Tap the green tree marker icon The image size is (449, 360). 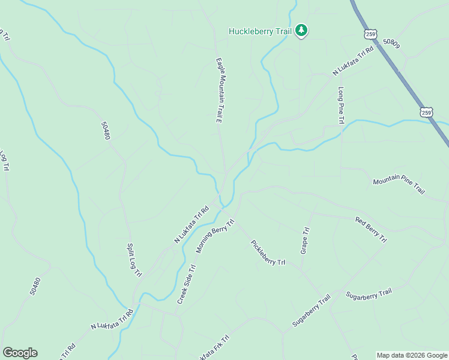pos(301,31)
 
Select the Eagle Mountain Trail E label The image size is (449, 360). pos(220,91)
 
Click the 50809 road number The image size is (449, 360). pos(391,43)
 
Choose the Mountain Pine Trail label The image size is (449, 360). pos(399,185)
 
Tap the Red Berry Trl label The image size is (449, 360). pos(371,230)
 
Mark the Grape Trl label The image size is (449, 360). pos(305,239)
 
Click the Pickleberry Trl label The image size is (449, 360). pos(268,253)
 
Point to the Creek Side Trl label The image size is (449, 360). pos(187,284)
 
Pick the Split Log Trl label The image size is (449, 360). pos(133,260)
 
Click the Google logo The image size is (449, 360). pos(20,353)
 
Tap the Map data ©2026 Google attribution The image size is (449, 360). pos(412,355)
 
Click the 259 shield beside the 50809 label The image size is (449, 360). pos(370,34)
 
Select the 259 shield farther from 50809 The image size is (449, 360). pos(426,112)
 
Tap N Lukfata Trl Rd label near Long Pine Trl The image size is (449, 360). pos(354,62)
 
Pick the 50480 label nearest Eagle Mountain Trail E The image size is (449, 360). pos(106,130)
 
